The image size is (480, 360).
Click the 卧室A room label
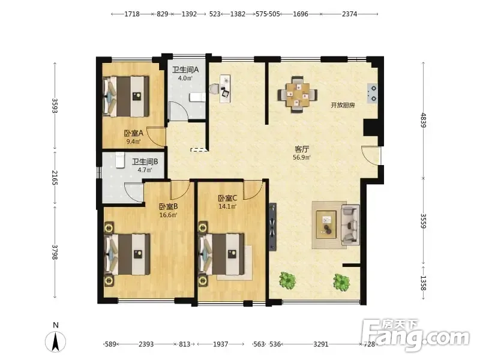click(x=133, y=133)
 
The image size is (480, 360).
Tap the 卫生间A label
click(x=185, y=70)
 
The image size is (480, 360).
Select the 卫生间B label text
click(x=145, y=161)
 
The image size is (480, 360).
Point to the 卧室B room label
click(x=168, y=206)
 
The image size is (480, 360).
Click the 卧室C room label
click(x=227, y=198)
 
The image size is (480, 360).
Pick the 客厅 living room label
click(x=302, y=149)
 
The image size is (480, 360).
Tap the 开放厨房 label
click(x=343, y=106)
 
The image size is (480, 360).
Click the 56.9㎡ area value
click(x=302, y=158)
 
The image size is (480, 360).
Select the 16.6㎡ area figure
click(x=169, y=215)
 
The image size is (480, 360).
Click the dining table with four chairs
click(x=297, y=95)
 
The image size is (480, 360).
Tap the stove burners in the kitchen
click(x=373, y=94)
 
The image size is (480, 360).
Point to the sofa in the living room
click(x=350, y=225)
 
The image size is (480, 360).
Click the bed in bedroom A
click(x=126, y=96)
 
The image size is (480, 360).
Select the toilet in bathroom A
click(x=197, y=97)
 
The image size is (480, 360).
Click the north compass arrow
click(x=55, y=341)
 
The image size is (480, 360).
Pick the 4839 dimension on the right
click(x=424, y=120)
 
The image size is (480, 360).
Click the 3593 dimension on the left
click(x=55, y=106)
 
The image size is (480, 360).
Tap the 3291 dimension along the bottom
click(x=321, y=344)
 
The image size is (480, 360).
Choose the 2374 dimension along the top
click(x=349, y=14)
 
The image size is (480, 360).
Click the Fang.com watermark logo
click(x=415, y=335)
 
